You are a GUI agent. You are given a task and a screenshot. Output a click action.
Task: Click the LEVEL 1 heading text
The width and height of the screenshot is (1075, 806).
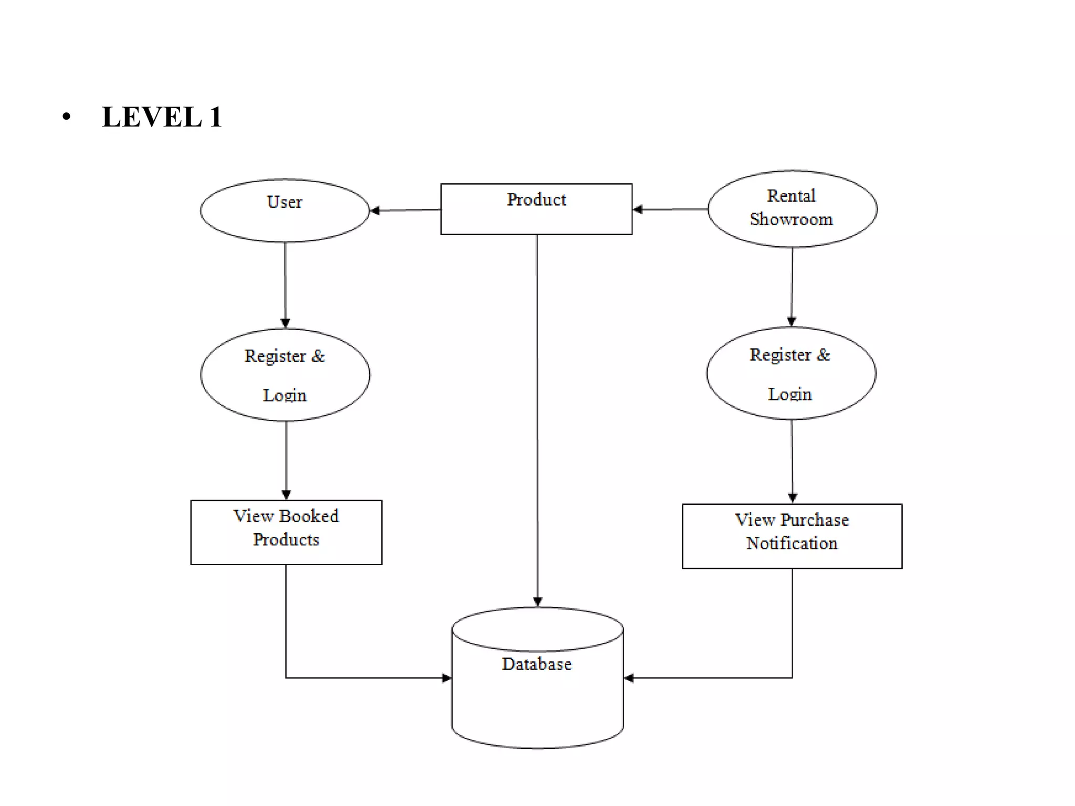162,116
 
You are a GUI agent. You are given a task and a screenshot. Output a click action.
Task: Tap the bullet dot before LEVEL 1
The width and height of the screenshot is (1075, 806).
66,116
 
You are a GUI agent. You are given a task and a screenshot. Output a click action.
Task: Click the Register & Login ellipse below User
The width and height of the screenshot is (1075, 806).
285,375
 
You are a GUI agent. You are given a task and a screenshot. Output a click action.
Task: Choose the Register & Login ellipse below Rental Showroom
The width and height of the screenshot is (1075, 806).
791,373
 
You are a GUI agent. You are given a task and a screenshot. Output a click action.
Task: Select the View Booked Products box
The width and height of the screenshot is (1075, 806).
286,532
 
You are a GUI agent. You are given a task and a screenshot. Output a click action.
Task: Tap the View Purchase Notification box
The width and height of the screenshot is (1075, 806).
792,536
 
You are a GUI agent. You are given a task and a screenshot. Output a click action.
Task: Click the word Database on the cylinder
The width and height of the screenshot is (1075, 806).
536,664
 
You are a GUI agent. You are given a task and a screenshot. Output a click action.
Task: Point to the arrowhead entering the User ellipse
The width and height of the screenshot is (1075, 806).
375,210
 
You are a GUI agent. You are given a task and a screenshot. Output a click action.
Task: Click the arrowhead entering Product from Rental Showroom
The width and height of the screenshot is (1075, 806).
638,209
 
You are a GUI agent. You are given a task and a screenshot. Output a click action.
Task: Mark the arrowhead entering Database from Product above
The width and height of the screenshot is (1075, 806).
537,602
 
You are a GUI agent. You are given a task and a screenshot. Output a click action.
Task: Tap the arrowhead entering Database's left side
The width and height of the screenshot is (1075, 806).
447,678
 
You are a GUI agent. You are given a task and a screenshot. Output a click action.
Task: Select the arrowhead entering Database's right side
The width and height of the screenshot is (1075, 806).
629,678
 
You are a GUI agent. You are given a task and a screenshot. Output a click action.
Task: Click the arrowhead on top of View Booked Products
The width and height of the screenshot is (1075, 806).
286,494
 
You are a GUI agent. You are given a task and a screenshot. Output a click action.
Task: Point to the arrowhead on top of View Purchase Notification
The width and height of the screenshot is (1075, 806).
793,497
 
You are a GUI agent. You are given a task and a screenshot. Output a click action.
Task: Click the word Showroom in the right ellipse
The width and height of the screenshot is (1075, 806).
791,219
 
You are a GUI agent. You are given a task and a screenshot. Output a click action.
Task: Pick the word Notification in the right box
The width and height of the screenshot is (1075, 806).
792,544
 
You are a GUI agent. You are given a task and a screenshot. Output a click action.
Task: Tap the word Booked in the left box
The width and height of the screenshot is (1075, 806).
309,516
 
